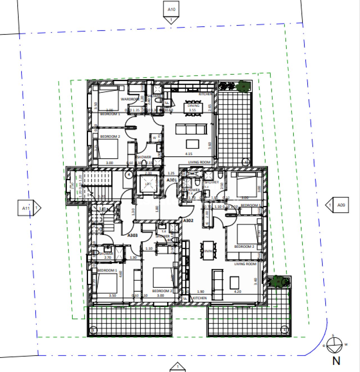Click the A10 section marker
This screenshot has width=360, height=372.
tap(171, 10)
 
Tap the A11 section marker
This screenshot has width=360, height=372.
tap(26, 208)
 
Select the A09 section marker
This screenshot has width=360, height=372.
tap(341, 205)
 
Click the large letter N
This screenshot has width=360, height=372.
tap(336, 361)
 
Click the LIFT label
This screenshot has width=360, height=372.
tap(148, 184)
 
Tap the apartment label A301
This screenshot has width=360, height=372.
tap(172, 180)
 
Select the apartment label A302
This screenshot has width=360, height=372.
tap(188, 221)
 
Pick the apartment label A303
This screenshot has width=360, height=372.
tap(132, 235)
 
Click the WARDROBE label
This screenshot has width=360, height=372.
tap(130, 99)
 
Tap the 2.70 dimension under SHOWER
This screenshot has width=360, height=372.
tap(108, 257)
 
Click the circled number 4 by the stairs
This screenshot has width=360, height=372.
tap(129, 175)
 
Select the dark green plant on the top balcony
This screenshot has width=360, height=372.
tap(243, 86)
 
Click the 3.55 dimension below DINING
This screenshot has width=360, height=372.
tap(192, 110)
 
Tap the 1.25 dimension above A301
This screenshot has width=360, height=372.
tap(171, 173)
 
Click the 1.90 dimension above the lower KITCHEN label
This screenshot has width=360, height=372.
tap(201, 292)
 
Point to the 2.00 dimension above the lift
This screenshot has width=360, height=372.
tap(148, 173)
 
